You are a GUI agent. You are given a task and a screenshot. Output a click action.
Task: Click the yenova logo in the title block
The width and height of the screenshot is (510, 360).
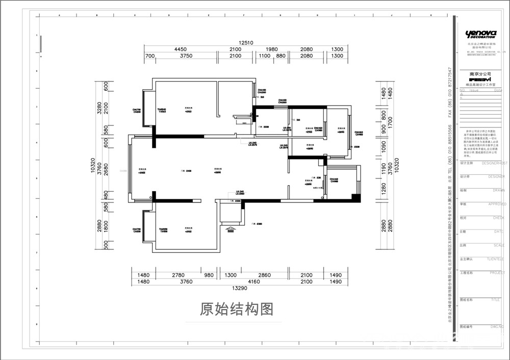481,34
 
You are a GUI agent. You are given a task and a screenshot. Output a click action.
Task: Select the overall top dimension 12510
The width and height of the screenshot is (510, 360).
245,43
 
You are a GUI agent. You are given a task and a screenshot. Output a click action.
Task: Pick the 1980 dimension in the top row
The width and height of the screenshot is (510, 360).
271,49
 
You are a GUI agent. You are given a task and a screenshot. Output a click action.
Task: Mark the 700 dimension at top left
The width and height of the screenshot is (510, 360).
149,56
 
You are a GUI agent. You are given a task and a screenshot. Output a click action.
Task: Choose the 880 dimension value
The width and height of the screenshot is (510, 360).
280,56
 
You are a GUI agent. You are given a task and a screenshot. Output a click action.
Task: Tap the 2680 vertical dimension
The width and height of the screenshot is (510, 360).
106,169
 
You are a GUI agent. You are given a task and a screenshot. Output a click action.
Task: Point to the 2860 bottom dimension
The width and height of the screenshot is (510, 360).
265,275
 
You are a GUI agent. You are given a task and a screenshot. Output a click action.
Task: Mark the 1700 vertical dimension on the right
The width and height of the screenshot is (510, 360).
390,122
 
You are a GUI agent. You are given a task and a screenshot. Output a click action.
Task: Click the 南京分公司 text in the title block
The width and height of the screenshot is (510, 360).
480,74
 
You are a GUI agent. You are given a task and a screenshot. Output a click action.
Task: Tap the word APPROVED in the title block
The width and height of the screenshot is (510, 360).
497,204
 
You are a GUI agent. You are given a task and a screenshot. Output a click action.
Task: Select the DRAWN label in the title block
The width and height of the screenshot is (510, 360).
498,190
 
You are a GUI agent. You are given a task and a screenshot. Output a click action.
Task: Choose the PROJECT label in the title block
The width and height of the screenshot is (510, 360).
497,273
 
